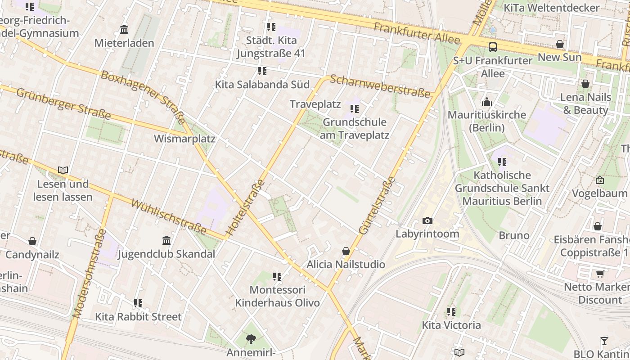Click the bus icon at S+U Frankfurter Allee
click(493, 47)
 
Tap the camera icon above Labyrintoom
click(427, 220)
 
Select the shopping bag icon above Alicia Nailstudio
click(346, 251)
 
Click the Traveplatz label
click(315, 104)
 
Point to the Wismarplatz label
click(184, 139)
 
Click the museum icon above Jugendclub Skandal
click(166, 241)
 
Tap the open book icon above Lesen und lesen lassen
click(63, 171)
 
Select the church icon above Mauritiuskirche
click(486, 102)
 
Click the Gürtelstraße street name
click(377, 206)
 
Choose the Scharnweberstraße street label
click(380, 86)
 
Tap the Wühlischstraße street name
click(169, 217)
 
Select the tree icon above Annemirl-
click(251, 339)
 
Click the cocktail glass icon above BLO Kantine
click(604, 341)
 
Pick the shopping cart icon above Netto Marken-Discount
click(600, 274)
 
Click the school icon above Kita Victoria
click(451, 311)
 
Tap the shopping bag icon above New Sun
click(560, 44)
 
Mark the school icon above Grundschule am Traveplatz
click(355, 109)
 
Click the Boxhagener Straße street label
click(143, 97)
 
